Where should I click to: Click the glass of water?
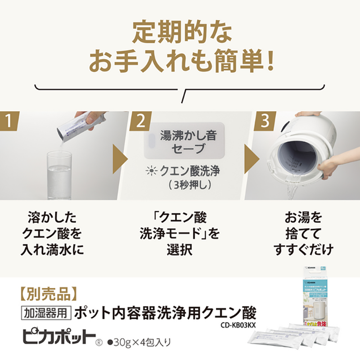coord(59,175)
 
